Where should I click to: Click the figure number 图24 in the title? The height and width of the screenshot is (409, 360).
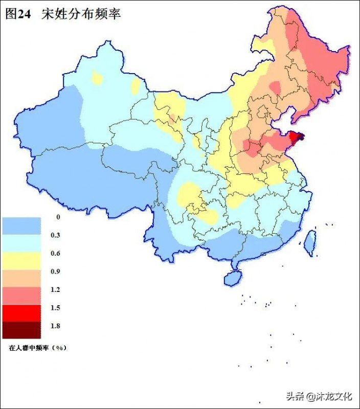18,14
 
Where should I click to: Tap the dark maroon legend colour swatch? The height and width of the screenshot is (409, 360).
21,330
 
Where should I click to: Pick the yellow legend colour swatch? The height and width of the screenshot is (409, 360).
21,260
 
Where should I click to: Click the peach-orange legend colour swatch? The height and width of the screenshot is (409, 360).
21,278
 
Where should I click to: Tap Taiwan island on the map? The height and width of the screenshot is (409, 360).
310,242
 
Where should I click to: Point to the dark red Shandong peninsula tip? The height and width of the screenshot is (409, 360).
295,137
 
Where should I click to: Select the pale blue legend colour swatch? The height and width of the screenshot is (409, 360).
21,243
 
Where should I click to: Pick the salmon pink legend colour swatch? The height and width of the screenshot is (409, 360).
21,295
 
